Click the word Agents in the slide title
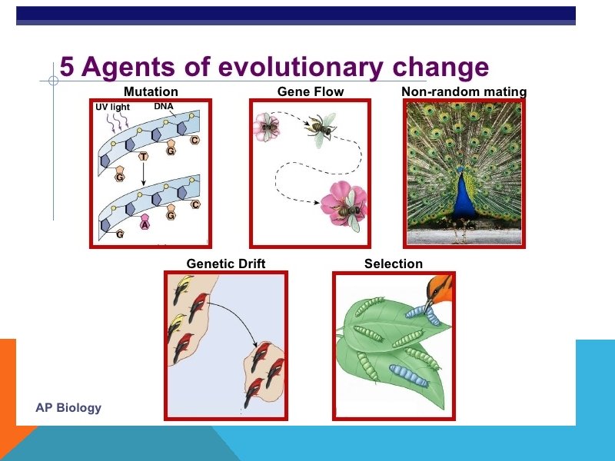pyautogui.click(x=119, y=68)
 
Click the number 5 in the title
pyautogui.click(x=68, y=68)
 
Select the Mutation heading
pyautogui.click(x=151, y=92)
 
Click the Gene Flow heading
pyautogui.click(x=311, y=92)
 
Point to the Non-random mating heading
pyautogui.click(x=464, y=92)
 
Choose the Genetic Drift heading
pyautogui.click(x=226, y=264)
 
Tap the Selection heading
pyautogui.click(x=394, y=264)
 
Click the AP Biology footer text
pyautogui.click(x=68, y=407)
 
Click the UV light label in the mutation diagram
pyautogui.click(x=112, y=107)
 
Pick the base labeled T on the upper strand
pyautogui.click(x=144, y=157)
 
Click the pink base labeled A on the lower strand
pyautogui.click(x=145, y=224)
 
